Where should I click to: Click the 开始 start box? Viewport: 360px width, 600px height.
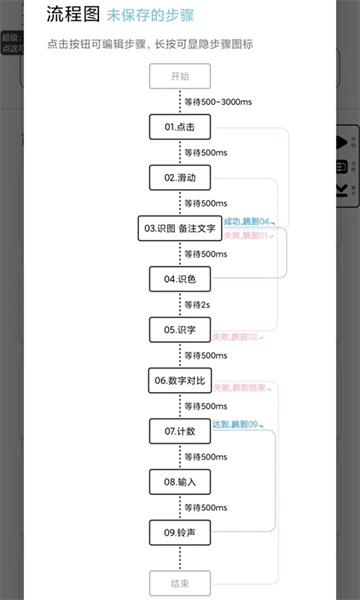(180, 76)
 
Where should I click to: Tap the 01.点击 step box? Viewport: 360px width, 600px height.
(180, 127)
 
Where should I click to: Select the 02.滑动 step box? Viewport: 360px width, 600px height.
(180, 178)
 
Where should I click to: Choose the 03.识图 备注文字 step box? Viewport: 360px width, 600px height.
(180, 229)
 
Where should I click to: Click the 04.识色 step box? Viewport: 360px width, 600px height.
(180, 279)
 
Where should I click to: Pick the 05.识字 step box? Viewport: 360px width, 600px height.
(180, 330)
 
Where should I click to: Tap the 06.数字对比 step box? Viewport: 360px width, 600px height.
(180, 381)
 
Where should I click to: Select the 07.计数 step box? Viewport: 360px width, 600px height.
(180, 431)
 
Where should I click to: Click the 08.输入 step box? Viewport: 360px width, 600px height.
(180, 482)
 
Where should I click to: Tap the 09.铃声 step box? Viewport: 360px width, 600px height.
(180, 533)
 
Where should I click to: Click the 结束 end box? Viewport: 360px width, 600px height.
(180, 583)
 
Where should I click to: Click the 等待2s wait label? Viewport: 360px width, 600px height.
(198, 304)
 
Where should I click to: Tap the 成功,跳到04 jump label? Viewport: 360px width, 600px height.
(247, 220)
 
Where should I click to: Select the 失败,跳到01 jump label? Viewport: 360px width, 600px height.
(247, 234)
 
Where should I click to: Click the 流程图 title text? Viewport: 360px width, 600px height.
(72, 16)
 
